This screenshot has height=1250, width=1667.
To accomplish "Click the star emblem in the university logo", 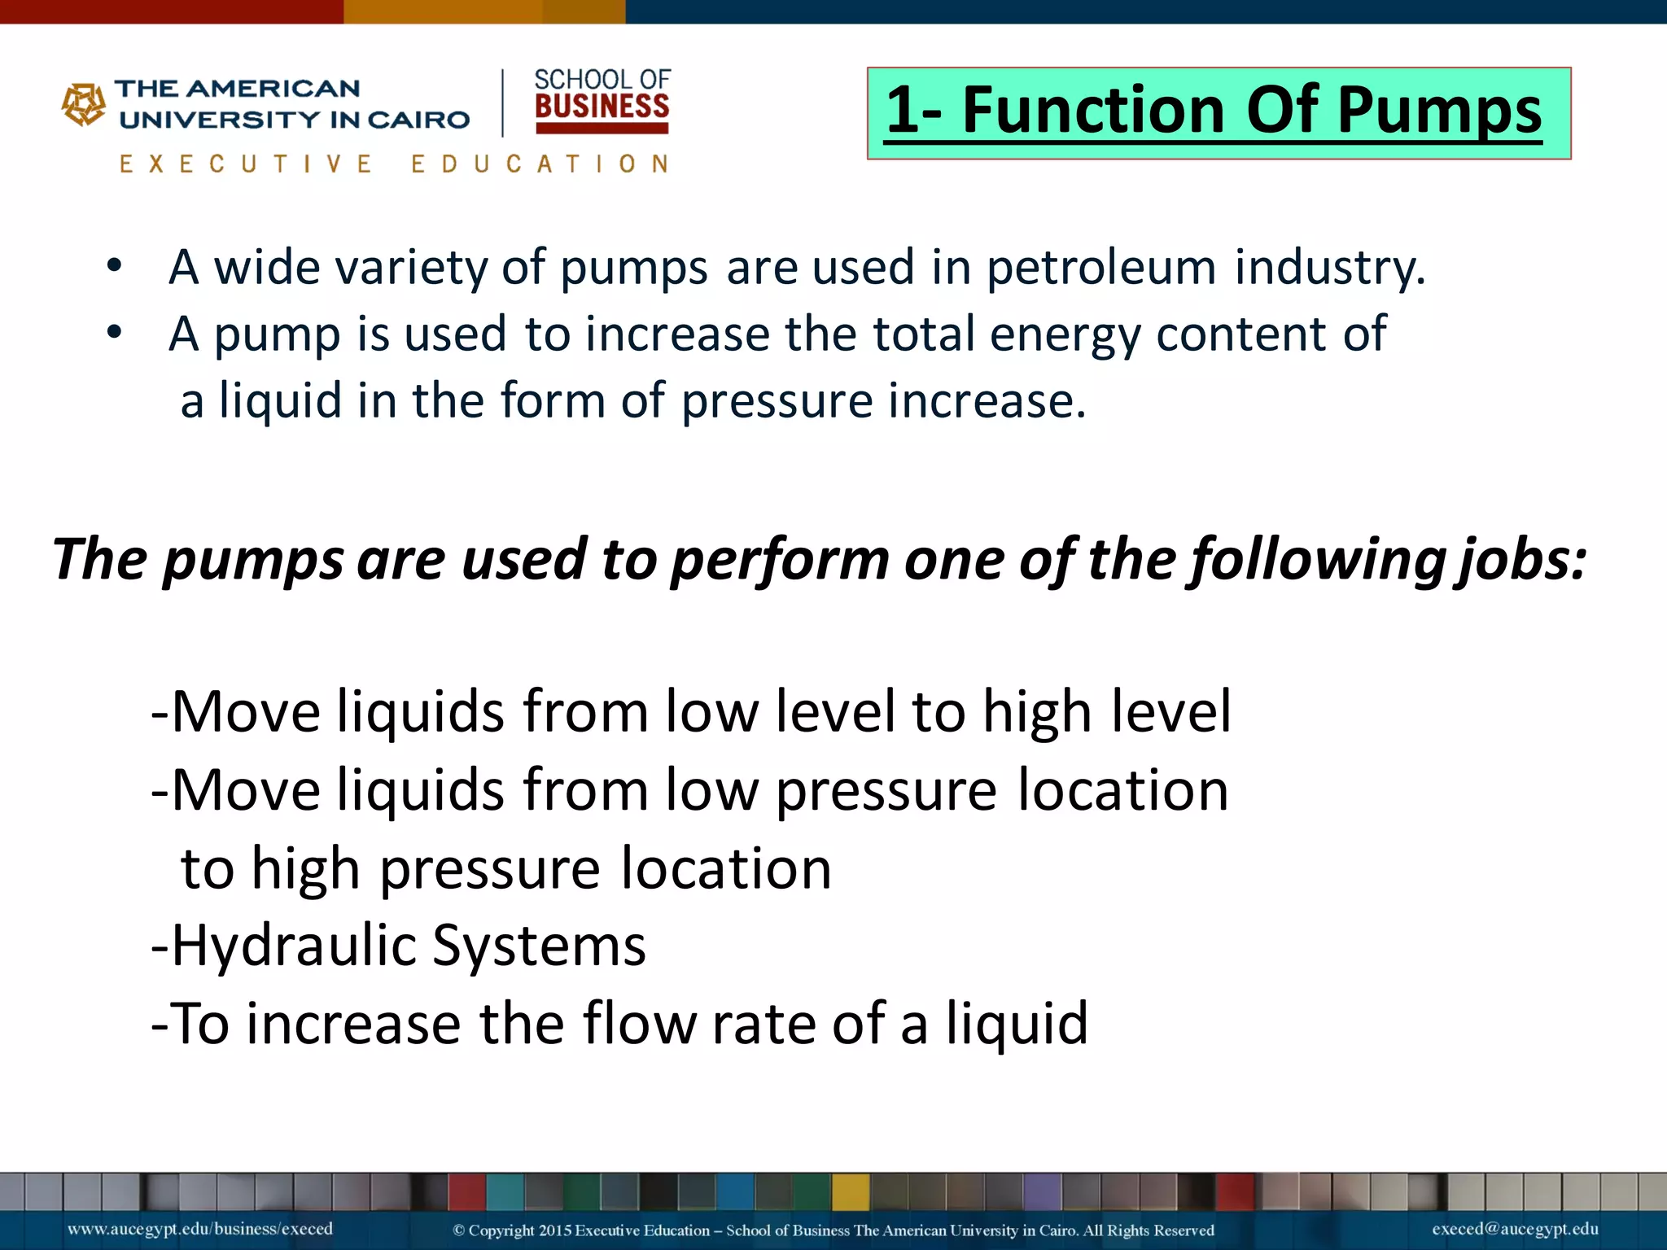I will [x=84, y=104].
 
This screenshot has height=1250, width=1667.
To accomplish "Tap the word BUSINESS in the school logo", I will [x=602, y=107].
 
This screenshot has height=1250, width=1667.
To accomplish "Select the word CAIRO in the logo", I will [x=418, y=120].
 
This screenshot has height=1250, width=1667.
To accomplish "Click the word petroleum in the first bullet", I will [x=1101, y=267].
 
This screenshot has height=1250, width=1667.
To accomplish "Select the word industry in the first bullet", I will [x=1328, y=267].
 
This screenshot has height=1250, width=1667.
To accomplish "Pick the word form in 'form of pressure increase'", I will [x=552, y=400].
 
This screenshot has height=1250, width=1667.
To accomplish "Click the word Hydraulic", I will [x=293, y=946].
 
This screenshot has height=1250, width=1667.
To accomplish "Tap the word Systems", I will [x=539, y=946].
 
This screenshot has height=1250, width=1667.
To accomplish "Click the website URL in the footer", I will [x=200, y=1229].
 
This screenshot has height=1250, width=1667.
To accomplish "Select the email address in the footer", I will [x=1515, y=1229].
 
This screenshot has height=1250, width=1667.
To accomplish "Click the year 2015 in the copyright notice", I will [x=556, y=1230].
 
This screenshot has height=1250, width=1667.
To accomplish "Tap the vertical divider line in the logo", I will [x=503, y=103].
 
